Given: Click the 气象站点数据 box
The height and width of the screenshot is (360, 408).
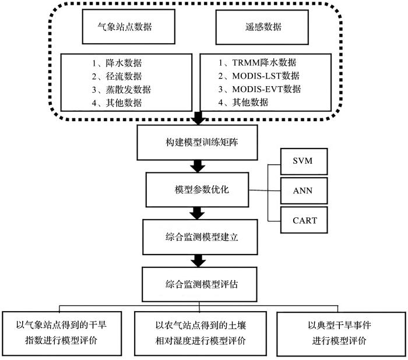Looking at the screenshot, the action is point(129,27).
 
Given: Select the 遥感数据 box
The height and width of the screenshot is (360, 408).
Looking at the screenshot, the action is point(262,27).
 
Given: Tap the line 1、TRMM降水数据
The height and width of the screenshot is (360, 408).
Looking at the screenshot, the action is point(257,63).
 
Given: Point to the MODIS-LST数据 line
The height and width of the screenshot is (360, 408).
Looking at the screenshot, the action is point(259,76).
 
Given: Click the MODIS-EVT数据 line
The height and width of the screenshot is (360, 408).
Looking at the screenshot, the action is point(259,89).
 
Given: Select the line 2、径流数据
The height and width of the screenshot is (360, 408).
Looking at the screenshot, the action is point(117,76).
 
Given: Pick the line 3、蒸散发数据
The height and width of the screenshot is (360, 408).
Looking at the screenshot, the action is point(121,90).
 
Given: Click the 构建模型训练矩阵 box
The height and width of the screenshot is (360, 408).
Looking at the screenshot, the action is point(197,143).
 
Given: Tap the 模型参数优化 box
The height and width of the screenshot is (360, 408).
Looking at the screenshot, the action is point(197,190).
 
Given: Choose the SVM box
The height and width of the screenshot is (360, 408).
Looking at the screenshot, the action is point(304,161).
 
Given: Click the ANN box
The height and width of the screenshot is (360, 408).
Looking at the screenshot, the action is point(304,190).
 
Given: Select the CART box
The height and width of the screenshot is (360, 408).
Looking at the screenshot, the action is point(304,220).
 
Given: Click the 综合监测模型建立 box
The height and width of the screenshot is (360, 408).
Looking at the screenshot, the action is point(200,237).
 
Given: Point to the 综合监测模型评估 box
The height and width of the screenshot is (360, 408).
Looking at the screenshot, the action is point(199,284).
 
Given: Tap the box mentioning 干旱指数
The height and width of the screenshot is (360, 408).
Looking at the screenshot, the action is point(62,333).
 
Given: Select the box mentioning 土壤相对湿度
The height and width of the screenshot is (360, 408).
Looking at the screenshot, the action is point(201,333).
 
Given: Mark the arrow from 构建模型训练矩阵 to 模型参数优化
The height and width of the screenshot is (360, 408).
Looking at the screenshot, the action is point(198,166).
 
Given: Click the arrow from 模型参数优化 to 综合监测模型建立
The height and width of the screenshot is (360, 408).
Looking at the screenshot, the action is point(197,213).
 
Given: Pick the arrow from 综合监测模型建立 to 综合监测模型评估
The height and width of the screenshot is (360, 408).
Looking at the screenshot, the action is point(199,261).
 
